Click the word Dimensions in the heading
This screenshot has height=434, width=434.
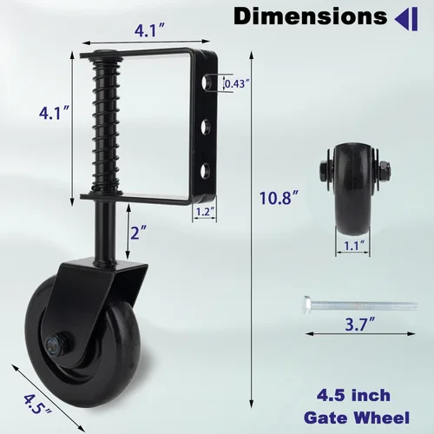310,16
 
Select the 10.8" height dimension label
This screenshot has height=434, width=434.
279,199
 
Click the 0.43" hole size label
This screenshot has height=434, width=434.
237,84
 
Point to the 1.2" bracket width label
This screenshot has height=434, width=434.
205,212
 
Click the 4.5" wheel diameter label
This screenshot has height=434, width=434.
37,404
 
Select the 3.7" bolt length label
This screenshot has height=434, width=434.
360,324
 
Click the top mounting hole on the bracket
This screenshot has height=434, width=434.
207,83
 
